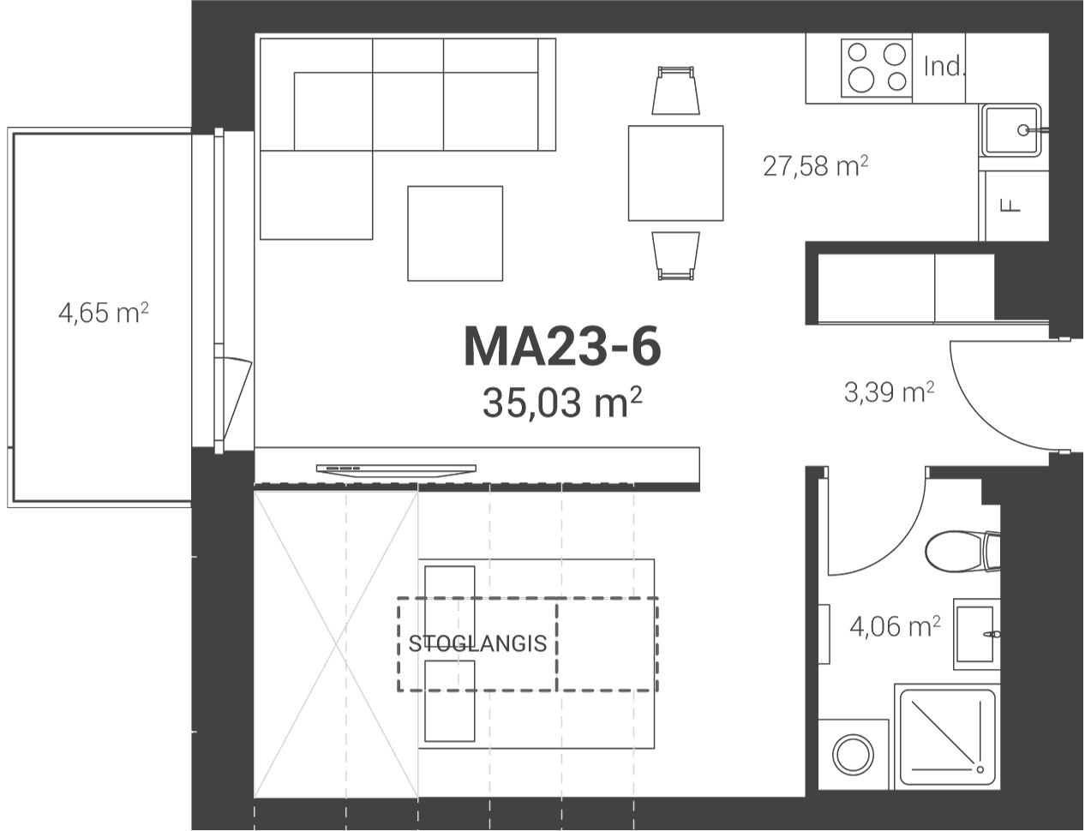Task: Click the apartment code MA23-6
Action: (x=563, y=347)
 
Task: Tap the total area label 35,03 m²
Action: (x=561, y=403)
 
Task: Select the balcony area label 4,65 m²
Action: (x=104, y=313)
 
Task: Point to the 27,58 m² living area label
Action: (x=815, y=165)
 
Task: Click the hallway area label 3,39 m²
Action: (x=889, y=392)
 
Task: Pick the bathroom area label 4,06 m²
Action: (x=895, y=626)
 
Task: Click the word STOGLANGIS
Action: (x=477, y=644)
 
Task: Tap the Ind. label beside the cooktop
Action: (x=943, y=67)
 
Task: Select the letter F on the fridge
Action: (x=1011, y=206)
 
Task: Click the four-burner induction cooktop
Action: (x=877, y=69)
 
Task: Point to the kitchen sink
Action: (x=1012, y=129)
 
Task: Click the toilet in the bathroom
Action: (x=962, y=552)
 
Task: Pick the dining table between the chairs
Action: (x=675, y=173)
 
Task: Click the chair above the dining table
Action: (x=675, y=90)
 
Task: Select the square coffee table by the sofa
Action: (x=455, y=234)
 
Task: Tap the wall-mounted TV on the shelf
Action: (x=396, y=470)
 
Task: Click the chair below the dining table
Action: (x=675, y=255)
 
